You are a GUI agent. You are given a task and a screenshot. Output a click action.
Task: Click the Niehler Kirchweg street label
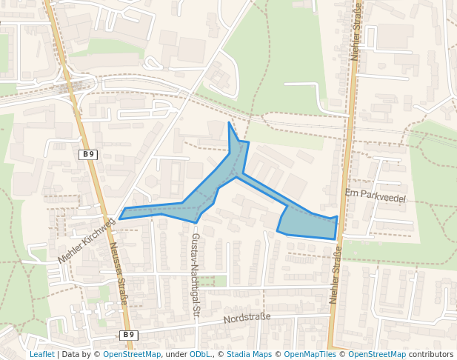87,241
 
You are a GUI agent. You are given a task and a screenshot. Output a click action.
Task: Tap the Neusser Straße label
119,274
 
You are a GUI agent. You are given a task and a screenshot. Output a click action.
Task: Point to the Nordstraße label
247,319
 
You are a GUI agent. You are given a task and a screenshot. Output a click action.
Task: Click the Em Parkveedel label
376,197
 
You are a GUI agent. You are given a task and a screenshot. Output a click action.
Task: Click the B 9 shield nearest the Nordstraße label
129,335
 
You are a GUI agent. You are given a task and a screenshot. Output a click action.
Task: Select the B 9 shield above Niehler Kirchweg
88,154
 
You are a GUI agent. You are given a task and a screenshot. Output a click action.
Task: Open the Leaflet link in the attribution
41,354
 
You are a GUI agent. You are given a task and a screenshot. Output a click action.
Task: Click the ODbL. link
201,354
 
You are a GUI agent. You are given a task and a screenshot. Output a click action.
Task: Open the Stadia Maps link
250,354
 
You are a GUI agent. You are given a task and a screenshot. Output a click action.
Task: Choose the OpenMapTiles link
310,354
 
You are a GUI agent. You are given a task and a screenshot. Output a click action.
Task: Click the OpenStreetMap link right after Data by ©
132,354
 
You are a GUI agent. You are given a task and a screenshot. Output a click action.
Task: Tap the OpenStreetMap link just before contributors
377,354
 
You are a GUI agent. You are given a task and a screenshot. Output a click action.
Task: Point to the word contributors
431,354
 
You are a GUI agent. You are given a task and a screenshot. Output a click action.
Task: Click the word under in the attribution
176,354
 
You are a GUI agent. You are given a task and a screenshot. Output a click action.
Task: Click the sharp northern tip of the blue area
230,123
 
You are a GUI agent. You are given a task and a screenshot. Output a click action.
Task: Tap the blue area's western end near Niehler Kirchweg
121,218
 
